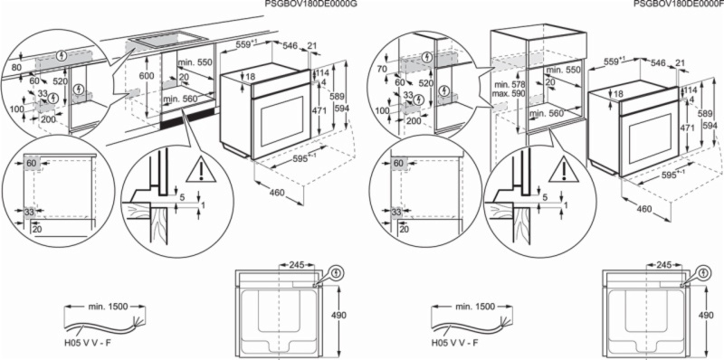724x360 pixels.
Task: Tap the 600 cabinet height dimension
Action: pyautogui.click(x=144, y=79)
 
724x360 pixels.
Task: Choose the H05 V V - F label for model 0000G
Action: pyautogui.click(x=89, y=345)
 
